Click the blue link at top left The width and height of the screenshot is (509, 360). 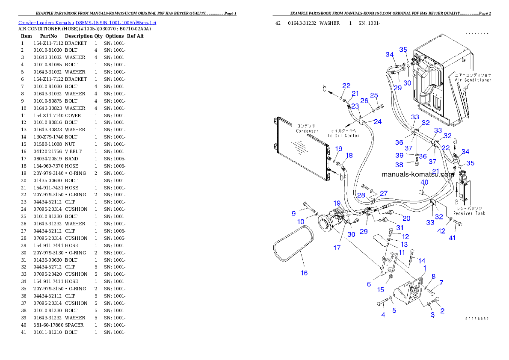point(87,22)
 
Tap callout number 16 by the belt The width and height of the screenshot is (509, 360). point(304,273)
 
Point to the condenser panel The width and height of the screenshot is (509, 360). point(301,148)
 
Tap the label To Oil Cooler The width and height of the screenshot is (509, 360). point(343,136)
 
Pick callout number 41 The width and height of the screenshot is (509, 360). point(452,238)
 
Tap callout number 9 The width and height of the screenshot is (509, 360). point(294,213)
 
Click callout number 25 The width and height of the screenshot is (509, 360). point(374,95)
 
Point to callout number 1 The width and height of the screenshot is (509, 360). point(425,268)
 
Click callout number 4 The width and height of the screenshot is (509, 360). point(383,315)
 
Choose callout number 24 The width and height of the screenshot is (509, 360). point(377,121)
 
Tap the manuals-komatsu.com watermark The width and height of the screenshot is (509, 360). point(417,174)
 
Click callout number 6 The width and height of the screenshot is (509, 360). point(369,284)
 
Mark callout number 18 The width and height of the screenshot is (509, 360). point(349,155)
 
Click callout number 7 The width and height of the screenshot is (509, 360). point(441,282)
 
